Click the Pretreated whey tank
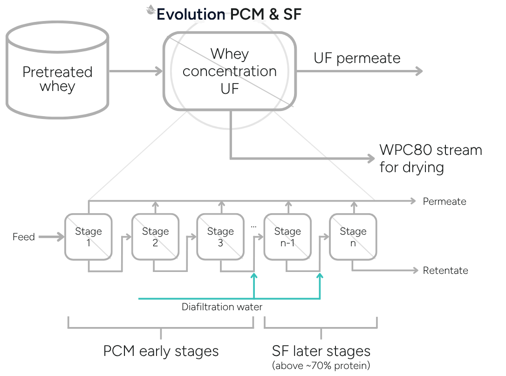(57, 70)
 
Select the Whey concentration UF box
(229, 71)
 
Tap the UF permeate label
(357, 58)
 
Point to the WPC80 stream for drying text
(431, 159)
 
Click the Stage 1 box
(89, 237)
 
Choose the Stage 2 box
(155, 237)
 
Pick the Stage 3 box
(220, 237)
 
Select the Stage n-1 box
(287, 237)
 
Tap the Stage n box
(353, 237)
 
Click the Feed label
(24, 237)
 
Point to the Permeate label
(444, 202)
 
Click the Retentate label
(445, 271)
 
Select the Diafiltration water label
(222, 306)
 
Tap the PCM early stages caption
(161, 351)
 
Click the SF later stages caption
(321, 351)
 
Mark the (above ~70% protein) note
(321, 366)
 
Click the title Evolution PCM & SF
(229, 14)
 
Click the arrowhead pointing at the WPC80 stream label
(371, 158)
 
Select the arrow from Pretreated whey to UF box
(136, 71)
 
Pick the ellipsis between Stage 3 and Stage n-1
(253, 227)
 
